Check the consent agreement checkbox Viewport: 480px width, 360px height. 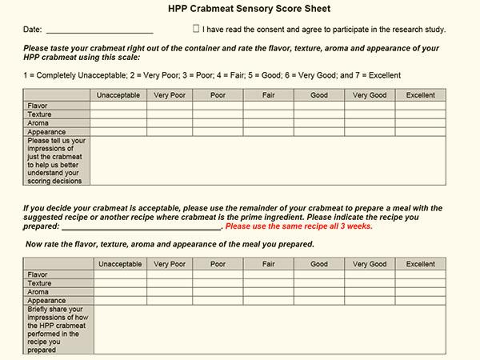tap(197, 28)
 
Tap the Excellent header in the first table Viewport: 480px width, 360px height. tap(420, 95)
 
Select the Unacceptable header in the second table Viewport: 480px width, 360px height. tap(119, 264)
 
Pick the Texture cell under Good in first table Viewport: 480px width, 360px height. tap(318, 114)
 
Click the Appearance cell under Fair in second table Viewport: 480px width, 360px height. tap(269, 301)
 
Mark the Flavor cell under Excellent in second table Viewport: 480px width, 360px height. tap(420, 274)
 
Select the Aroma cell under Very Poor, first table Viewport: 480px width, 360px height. tap(170, 123)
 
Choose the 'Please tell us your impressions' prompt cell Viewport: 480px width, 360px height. tap(56, 159)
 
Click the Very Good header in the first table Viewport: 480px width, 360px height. tap(369, 95)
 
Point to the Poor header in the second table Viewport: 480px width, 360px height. tap(218, 264)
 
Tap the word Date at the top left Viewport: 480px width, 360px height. tap(33, 30)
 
